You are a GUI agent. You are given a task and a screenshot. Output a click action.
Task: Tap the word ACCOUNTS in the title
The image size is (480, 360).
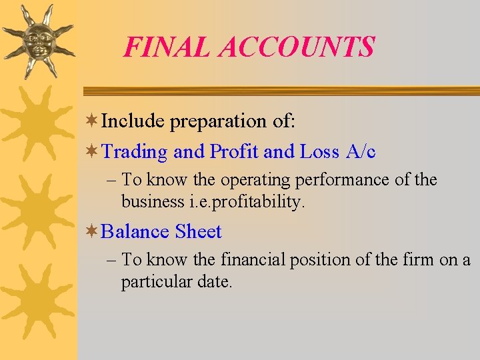(x=297, y=47)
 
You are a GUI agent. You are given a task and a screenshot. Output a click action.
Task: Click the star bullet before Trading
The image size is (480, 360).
(x=93, y=151)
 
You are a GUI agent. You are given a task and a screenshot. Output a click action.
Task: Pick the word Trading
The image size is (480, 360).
(x=135, y=152)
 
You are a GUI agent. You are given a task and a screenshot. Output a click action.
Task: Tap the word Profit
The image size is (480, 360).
(x=234, y=151)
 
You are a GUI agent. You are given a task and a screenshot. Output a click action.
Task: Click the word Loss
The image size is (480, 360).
(x=319, y=151)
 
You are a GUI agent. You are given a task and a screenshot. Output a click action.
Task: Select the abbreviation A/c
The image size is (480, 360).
(x=361, y=151)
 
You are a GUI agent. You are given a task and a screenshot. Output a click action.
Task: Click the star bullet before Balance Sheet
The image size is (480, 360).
(x=93, y=231)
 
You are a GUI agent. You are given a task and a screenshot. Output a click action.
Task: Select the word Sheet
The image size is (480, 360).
(x=199, y=231)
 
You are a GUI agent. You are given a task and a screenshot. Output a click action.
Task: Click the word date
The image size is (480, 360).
(x=215, y=281)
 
